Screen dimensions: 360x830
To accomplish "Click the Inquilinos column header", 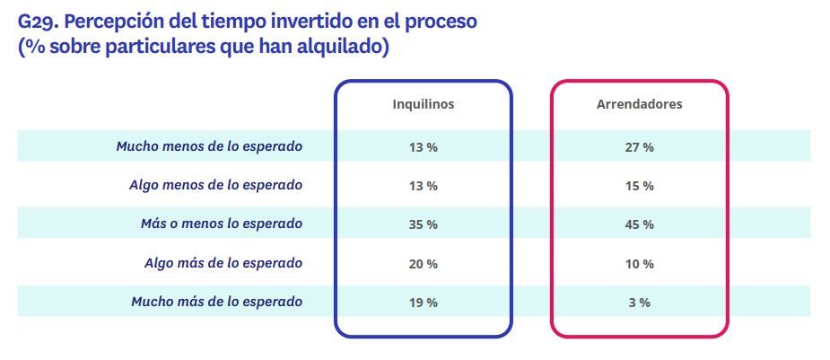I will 424,104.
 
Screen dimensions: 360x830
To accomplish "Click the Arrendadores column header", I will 639,104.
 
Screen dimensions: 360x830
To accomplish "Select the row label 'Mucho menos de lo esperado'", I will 209,146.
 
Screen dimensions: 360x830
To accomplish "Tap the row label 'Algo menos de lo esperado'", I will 215,185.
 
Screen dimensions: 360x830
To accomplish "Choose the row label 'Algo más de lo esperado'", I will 223,263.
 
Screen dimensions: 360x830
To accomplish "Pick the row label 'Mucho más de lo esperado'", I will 216,302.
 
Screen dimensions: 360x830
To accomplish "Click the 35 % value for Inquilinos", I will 424,224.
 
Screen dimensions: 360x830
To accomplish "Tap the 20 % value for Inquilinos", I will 424,264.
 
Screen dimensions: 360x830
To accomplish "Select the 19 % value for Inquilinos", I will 424,303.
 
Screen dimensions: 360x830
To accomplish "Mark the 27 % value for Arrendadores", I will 639,147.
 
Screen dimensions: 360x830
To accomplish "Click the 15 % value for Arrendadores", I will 639,186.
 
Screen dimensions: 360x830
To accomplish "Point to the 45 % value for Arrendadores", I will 639,224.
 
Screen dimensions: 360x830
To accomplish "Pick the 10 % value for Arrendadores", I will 639,264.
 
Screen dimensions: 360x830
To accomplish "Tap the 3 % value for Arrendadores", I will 639,303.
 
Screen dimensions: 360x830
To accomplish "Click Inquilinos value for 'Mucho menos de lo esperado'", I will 424,147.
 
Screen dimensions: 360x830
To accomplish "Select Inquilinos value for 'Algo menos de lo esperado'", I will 424,186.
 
